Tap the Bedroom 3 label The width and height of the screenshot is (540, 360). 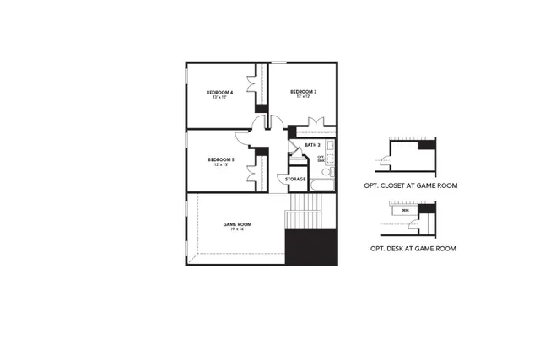(303, 91)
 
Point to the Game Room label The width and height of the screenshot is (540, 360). (238, 224)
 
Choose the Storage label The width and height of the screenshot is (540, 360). (295, 179)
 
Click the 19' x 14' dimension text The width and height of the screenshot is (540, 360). (238, 229)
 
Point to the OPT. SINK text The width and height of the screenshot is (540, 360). (321, 158)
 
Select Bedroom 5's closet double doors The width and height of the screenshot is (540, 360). (252, 172)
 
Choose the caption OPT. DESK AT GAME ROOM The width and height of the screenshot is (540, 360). (414, 248)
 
